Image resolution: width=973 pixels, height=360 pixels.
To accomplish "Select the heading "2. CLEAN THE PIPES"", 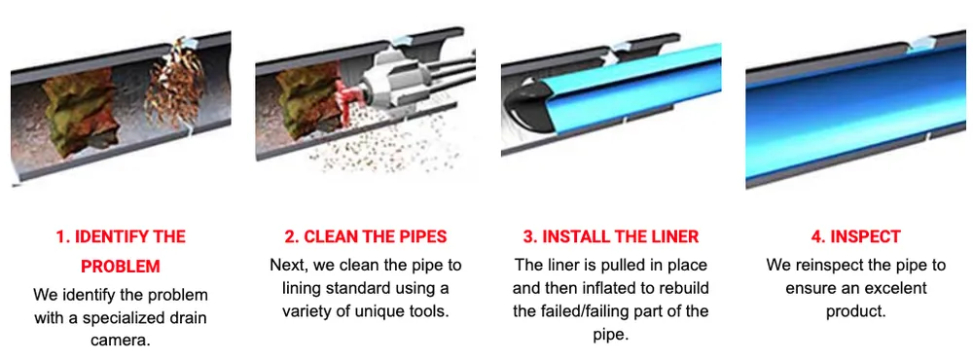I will [365, 236].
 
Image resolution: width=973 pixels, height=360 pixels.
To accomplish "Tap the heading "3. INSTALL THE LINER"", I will [609, 236].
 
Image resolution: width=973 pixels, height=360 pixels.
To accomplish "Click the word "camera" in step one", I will [121, 341].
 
